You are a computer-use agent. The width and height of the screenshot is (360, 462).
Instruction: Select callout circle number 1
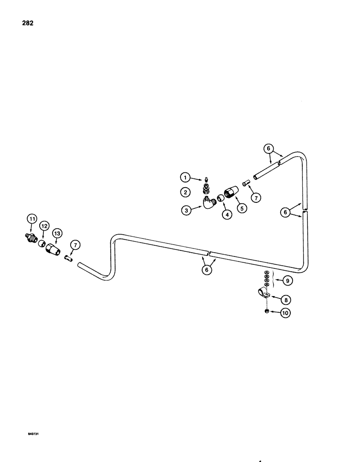coord(185,177)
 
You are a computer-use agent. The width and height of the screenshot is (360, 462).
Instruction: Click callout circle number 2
coord(185,191)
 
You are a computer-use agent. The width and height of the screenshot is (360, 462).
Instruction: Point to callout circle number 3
coord(186,210)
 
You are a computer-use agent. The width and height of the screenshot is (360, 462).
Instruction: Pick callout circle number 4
coord(227,214)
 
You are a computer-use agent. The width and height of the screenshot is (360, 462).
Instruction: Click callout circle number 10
coord(285,313)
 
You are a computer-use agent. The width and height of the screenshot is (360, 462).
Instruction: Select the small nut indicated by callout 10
coord(267,312)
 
